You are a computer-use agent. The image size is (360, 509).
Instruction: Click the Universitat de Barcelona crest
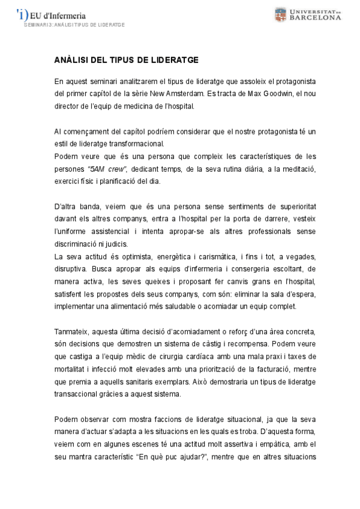(x=281, y=14)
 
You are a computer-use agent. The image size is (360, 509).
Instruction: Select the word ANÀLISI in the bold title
(x=71, y=61)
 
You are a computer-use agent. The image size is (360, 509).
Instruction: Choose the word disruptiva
(x=72, y=271)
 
